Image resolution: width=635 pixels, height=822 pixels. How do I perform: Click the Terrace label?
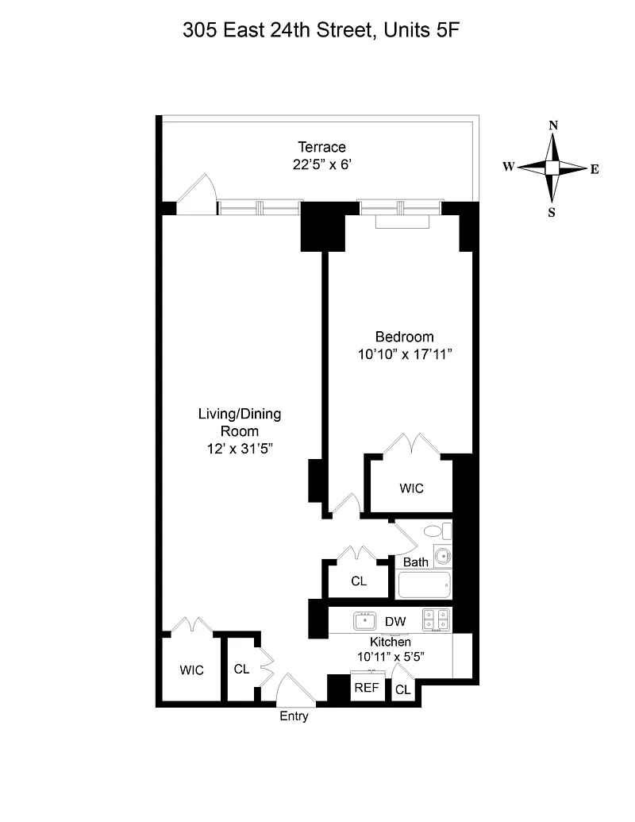pos(321,147)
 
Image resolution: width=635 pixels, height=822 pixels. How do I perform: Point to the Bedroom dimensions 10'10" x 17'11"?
pos(405,355)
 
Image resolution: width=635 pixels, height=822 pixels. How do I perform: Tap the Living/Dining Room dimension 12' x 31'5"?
pos(240,449)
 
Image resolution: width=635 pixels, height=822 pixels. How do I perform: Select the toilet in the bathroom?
pos(437,531)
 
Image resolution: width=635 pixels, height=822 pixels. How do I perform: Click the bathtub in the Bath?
pos(425,585)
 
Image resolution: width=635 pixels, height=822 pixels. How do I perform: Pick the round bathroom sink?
pos(443,555)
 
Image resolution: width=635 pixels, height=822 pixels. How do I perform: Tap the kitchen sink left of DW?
pos(364,621)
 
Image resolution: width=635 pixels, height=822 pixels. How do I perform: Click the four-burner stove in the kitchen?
pos(437,620)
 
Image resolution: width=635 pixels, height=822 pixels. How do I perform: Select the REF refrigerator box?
pos(368,685)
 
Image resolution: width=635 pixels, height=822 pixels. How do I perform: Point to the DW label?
pos(395,622)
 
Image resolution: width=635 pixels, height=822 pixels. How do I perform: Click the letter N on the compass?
pos(553,125)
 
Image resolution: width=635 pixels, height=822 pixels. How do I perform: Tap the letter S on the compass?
pos(552,212)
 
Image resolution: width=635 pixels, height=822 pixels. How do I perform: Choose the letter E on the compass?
pos(595,169)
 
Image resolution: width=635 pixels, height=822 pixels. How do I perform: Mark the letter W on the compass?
pos(509,167)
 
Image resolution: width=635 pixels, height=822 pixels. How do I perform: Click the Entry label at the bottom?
pos(294,716)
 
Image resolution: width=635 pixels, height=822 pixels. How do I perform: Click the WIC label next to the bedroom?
pos(411,488)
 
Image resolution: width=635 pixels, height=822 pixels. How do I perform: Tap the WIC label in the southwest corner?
pos(192,670)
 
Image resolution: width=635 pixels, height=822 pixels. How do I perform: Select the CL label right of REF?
pos(403,690)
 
